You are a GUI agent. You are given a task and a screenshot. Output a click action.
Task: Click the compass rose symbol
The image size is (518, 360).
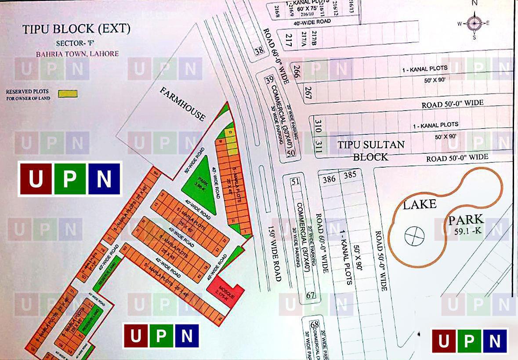(474, 23)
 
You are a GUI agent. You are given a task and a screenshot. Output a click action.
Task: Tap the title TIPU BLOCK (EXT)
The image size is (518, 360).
(76, 29)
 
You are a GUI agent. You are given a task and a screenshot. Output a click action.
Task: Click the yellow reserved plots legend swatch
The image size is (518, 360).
(68, 94)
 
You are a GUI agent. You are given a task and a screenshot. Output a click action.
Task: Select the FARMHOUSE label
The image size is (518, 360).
(182, 104)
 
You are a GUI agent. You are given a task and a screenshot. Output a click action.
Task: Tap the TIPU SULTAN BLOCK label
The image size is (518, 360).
(371, 150)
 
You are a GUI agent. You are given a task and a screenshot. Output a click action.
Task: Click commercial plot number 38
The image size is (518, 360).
(260, 50)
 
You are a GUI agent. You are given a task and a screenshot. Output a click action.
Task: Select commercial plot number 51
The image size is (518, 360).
(295, 181)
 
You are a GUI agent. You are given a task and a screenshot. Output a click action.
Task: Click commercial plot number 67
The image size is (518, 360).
(311, 295)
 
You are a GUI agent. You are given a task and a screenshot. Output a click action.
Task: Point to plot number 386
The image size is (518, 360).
(329, 179)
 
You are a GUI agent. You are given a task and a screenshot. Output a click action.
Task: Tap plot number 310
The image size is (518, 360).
(319, 128)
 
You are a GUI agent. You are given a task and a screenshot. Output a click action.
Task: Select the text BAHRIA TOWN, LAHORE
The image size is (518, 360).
(77, 54)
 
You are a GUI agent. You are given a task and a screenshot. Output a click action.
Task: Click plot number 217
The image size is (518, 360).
(289, 40)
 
